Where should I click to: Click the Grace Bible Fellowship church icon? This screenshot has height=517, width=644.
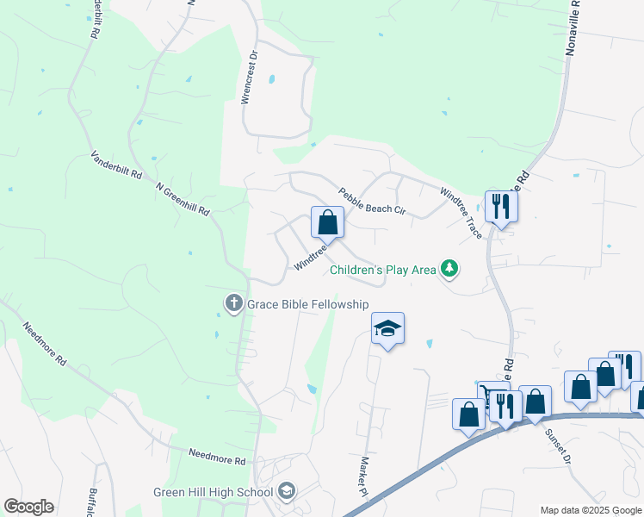tap(233, 303)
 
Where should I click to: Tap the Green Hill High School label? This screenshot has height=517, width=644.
tap(213, 493)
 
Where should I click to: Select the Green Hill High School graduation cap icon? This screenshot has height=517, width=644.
tap(286, 492)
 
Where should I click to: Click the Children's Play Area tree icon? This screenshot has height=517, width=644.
tap(449, 270)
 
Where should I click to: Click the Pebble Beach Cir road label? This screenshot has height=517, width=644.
tap(371, 201)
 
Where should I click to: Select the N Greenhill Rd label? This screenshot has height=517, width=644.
tap(183, 199)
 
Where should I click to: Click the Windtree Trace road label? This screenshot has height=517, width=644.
tap(461, 213)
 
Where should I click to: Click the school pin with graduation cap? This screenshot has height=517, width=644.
tap(387, 328)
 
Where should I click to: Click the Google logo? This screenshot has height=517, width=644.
tap(28, 507)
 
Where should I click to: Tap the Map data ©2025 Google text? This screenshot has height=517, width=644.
tap(590, 510)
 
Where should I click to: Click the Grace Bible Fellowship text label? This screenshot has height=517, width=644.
tap(307, 304)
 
